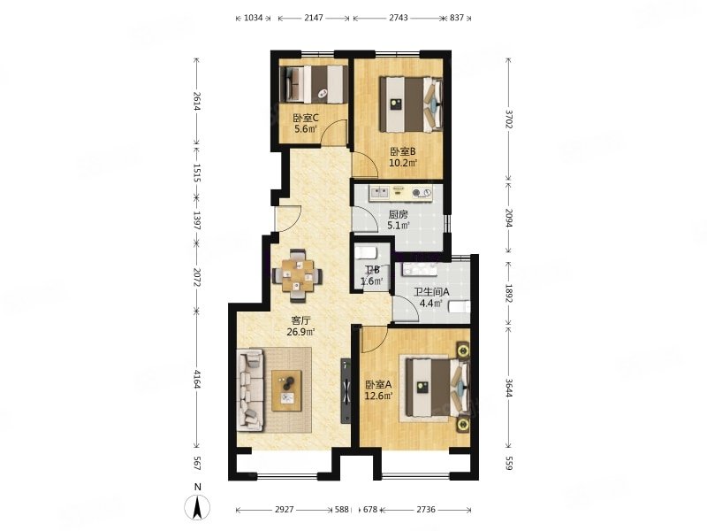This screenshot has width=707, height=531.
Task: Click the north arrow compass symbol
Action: [x=197, y=506]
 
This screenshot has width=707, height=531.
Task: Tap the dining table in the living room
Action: [x=297, y=275]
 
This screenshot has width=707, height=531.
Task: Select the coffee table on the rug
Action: [x=286, y=390]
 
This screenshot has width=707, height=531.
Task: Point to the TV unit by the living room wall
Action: [x=346, y=390]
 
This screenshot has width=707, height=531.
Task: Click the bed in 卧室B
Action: [x=411, y=104]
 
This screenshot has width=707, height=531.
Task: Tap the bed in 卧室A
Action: [x=437, y=388]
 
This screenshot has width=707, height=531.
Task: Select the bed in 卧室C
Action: [x=314, y=84]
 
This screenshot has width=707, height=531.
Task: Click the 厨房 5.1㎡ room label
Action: [x=399, y=219]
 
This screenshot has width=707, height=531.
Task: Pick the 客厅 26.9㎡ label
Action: [x=300, y=327]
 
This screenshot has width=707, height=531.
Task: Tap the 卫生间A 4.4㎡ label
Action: [x=431, y=297]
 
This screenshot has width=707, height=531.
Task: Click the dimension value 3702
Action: [x=509, y=119]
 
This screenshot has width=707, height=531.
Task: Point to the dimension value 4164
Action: [x=197, y=379]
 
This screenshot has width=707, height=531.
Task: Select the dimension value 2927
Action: [x=284, y=510]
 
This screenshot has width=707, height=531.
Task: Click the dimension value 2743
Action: [x=399, y=18]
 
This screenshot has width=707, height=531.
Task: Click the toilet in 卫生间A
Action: [x=460, y=307]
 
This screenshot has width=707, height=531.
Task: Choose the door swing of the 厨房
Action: [x=364, y=219]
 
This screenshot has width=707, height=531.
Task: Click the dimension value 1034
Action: [x=253, y=18]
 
